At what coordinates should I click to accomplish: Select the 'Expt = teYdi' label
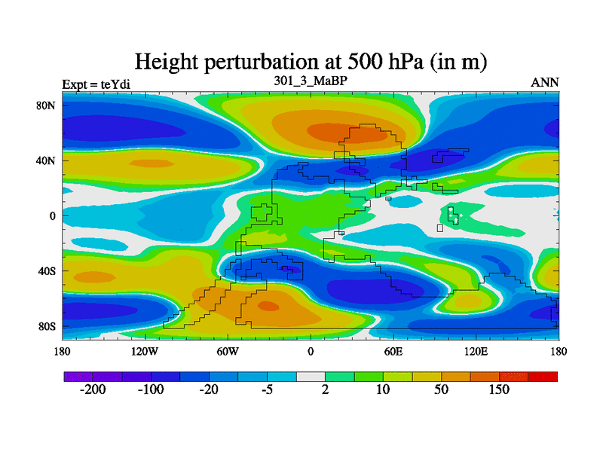click(x=96, y=84)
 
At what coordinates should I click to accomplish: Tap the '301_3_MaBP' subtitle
click(x=310, y=81)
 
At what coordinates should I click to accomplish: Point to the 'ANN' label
click(x=545, y=83)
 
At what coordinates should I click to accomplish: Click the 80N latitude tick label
click(x=47, y=105)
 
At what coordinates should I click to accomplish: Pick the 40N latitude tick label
click(x=47, y=160)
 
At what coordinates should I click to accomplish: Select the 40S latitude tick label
click(x=47, y=271)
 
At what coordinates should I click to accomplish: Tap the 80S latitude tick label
click(x=47, y=326)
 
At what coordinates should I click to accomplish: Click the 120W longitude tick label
click(x=145, y=352)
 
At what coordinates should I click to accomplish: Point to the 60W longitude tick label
click(x=228, y=352)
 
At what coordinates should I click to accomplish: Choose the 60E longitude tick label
click(x=393, y=352)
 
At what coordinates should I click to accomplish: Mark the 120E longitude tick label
click(x=476, y=352)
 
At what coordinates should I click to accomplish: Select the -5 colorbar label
click(x=266, y=390)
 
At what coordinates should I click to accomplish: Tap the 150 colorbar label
click(x=499, y=390)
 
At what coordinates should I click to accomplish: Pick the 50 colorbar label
click(x=441, y=390)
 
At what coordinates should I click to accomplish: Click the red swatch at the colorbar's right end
click(x=543, y=376)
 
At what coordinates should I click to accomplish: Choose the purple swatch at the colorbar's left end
click(x=77, y=376)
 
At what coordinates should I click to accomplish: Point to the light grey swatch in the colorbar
click(x=310, y=376)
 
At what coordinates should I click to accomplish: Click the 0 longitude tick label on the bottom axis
click(x=310, y=352)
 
